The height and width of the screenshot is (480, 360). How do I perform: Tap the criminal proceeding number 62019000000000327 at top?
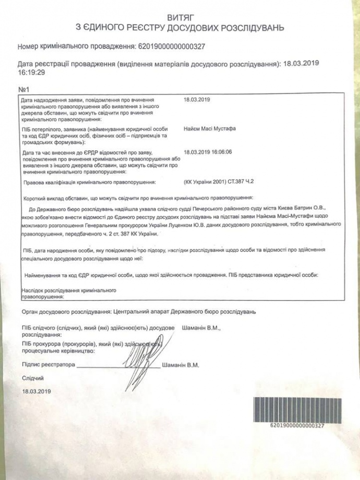pyautogui.click(x=171, y=46)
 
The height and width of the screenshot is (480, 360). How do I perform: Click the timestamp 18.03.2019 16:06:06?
pyautogui.click(x=208, y=152)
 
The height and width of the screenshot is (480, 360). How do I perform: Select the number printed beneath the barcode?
pyautogui.click(x=297, y=426)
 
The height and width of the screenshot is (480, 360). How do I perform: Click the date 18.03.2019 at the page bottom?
pyautogui.click(x=37, y=390)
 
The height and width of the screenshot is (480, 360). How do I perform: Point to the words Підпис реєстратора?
pyautogui.click(x=49, y=364)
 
